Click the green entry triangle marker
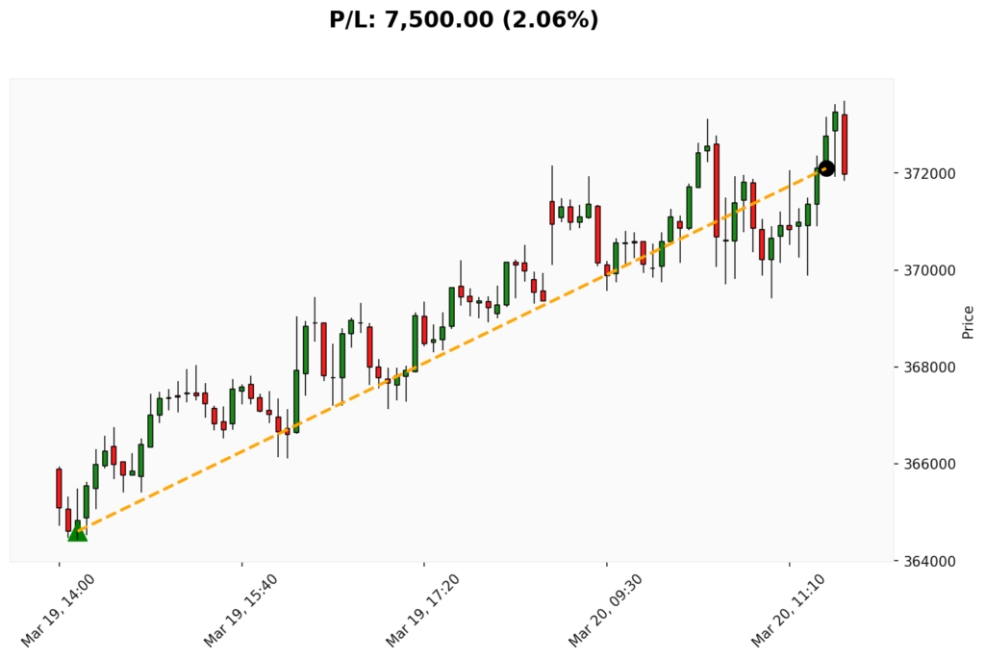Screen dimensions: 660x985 (77, 533)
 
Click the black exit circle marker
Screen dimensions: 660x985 (826, 168)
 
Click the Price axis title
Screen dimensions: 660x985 (968, 321)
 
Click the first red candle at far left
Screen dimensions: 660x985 (59, 488)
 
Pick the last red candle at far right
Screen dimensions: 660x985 (845, 144)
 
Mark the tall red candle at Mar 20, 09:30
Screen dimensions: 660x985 (597, 234)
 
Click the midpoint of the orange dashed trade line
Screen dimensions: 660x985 (452, 350)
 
